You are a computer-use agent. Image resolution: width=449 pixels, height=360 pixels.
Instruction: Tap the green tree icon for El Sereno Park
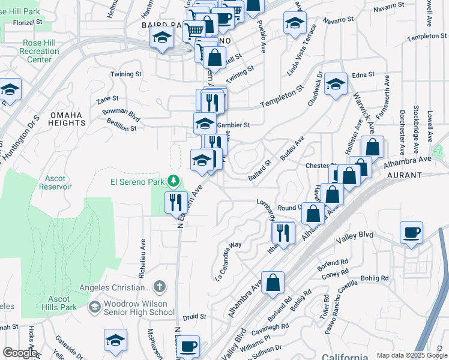(173, 181)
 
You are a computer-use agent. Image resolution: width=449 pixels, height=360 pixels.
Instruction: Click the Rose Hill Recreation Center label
(40, 52)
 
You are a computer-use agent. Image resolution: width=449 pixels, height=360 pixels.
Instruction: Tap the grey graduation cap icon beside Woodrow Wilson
(94, 307)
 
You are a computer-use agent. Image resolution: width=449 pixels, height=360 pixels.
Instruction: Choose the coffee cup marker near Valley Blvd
(411, 233)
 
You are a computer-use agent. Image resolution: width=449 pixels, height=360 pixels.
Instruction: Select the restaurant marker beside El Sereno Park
(176, 202)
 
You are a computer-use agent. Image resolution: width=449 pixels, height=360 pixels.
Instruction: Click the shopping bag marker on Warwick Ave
(373, 147)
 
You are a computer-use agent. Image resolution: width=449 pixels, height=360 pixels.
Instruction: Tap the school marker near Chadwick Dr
(336, 85)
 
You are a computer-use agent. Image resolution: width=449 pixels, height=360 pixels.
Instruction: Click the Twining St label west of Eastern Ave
(126, 74)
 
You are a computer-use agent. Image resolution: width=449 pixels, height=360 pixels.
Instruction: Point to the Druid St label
(194, 316)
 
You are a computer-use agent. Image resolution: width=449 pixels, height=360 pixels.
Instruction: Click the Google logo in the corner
(19, 353)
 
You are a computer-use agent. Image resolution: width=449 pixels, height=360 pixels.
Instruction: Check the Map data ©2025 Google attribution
(412, 355)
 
